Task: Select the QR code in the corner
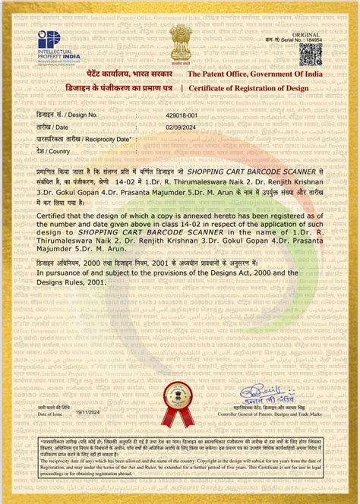click(310, 54)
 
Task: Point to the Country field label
click(53, 151)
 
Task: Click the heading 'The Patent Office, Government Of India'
click(255, 74)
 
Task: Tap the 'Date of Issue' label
click(52, 414)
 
